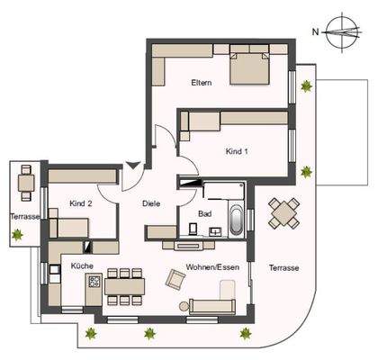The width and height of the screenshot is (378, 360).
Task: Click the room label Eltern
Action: point(201,84)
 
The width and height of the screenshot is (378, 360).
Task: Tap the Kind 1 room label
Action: point(237,150)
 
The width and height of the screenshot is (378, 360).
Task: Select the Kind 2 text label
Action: point(82,204)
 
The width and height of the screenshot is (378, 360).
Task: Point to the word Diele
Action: point(151,204)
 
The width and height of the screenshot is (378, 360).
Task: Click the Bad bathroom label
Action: point(204,214)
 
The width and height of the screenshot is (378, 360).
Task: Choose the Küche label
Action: point(83,267)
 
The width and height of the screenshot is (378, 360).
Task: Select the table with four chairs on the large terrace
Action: point(285,213)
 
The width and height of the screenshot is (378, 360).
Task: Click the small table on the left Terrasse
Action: point(26,184)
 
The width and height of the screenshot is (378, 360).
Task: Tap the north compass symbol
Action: point(340,33)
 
